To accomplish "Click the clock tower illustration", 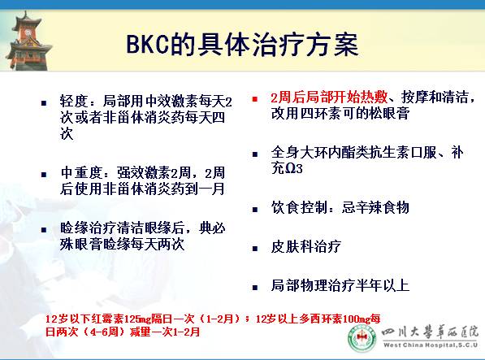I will click(32, 33).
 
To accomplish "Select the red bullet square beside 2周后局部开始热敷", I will click(254, 98).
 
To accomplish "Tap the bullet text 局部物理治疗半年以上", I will click(340, 285).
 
